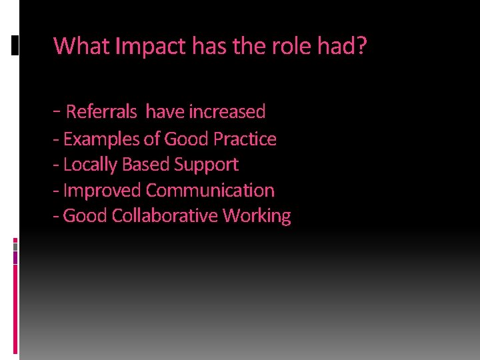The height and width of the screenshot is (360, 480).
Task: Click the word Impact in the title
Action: pos(151,47)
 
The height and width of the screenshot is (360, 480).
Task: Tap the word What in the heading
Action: pos(82,47)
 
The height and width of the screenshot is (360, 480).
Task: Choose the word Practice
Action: pos(245,139)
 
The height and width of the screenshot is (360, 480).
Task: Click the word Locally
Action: pos(90,165)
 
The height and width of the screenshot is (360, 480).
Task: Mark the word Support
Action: pos(206,165)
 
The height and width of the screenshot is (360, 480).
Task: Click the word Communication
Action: pos(210,191)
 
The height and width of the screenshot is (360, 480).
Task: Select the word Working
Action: pos(257,217)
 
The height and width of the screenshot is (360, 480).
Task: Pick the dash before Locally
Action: pos(57,165)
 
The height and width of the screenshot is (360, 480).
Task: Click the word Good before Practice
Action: pos(186,139)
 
